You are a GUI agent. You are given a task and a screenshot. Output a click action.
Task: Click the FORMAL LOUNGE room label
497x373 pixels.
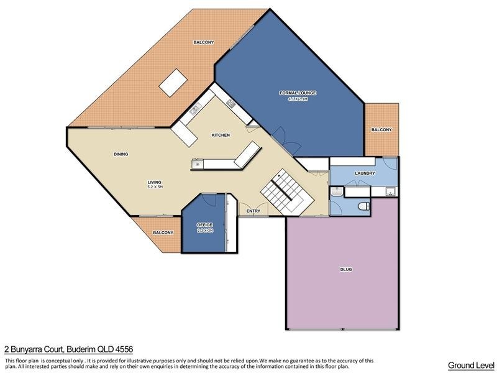coord(298,93)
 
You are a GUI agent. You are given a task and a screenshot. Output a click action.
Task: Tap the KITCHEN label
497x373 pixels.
coord(221,135)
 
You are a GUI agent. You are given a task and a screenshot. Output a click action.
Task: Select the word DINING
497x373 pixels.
coord(121,154)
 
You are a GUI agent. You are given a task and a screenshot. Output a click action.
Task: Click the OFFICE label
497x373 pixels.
coord(205,224)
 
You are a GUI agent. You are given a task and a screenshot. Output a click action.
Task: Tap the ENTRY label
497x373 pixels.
coord(253,211)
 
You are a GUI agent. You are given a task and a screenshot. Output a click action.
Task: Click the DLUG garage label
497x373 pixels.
coord(346,269)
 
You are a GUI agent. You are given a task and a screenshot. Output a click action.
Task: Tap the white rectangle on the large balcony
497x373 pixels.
coord(173,82)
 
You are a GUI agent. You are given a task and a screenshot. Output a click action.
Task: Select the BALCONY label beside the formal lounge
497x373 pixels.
coord(381,130)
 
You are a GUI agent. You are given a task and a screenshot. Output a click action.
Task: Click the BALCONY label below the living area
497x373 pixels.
coord(163,233)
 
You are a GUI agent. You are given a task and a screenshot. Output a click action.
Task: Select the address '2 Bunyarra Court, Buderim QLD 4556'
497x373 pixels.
coord(68,350)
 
